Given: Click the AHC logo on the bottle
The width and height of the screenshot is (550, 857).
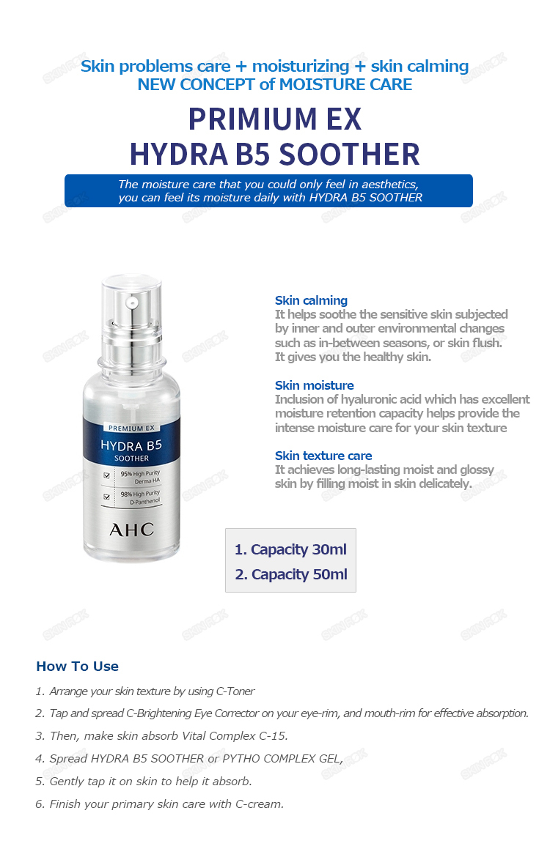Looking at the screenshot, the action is click(x=131, y=530).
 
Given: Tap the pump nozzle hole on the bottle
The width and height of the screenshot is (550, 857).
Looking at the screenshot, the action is click(x=131, y=301).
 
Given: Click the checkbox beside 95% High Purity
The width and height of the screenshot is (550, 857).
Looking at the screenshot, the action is click(x=107, y=475).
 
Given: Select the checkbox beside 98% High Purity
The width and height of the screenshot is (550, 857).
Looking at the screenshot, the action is click(x=107, y=497).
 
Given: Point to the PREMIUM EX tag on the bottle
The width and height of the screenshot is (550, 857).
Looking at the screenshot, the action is click(x=131, y=428).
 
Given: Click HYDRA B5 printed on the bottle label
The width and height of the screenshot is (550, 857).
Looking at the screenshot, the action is click(x=131, y=445).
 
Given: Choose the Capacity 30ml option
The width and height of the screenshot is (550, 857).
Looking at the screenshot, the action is click(x=290, y=549).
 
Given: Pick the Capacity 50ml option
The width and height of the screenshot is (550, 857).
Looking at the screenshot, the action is click(x=291, y=574).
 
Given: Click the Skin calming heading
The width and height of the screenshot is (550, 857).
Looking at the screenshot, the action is click(x=311, y=300).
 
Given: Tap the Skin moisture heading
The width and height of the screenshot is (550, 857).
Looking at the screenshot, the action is click(x=314, y=385).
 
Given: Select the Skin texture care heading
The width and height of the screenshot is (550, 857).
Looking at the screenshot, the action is click(x=323, y=456).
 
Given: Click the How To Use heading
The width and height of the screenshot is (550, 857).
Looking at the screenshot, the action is click(x=77, y=667).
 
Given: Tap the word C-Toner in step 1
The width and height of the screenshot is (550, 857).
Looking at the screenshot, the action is click(x=235, y=691).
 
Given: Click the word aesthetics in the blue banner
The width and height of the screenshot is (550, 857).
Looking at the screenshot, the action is click(x=384, y=184).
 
